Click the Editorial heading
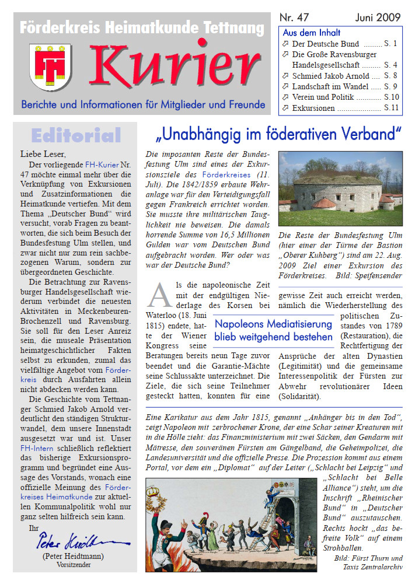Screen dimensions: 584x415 (x=76, y=136)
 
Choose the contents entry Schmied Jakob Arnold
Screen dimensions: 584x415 (x=330, y=76)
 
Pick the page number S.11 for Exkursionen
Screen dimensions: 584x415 (x=391, y=108)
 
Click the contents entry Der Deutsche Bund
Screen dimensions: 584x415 (x=325, y=44)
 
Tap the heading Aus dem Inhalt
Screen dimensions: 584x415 (x=311, y=33)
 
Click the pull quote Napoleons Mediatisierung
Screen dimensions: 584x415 (x=273, y=330)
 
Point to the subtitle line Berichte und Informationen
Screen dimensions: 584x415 (x=143, y=106)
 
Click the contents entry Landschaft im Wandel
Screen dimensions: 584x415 (x=330, y=86)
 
